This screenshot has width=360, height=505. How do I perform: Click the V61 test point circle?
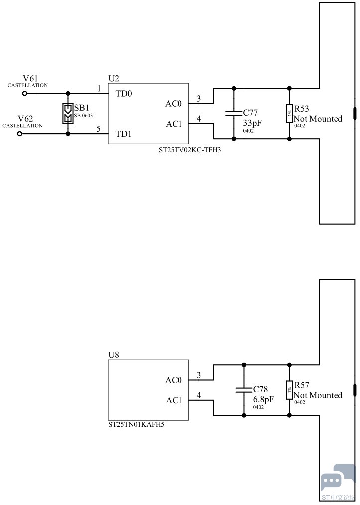pyautogui.click(x=25, y=93)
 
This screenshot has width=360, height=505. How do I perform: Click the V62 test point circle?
pyautogui.click(x=20, y=134)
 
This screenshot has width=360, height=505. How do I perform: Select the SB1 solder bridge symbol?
pyautogui.click(x=68, y=113)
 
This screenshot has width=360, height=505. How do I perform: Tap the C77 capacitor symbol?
pyautogui.click(x=234, y=113)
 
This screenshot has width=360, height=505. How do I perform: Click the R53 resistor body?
pyautogui.click(x=289, y=113)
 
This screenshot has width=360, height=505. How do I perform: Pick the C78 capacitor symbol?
pyautogui.click(x=244, y=390)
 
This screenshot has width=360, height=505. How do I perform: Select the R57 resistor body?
pyautogui.click(x=289, y=390)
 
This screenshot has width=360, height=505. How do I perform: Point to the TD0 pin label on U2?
pyautogui.click(x=124, y=94)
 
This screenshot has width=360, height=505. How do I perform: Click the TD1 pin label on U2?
pyautogui.click(x=123, y=134)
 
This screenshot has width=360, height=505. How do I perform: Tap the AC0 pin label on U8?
pyautogui.click(x=174, y=380)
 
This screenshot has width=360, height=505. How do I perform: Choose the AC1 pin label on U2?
pyautogui.click(x=174, y=124)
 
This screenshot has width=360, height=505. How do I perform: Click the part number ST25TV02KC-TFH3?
pyautogui.click(x=189, y=150)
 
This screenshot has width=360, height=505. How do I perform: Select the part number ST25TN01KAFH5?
pyautogui.click(x=136, y=424)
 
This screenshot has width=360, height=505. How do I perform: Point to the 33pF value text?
pyautogui.click(x=252, y=123)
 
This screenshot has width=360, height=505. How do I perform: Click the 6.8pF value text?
pyautogui.click(x=263, y=399)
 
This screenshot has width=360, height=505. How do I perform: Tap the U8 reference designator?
pyautogui.click(x=114, y=355)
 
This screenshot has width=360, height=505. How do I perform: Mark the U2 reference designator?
pyautogui.click(x=114, y=78)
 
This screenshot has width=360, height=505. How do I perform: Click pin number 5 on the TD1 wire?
pyautogui.click(x=99, y=129)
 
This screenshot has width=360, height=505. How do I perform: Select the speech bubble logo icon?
pyautogui.click(x=337, y=479)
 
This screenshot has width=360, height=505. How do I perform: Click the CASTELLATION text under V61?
pyautogui.click(x=28, y=85)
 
